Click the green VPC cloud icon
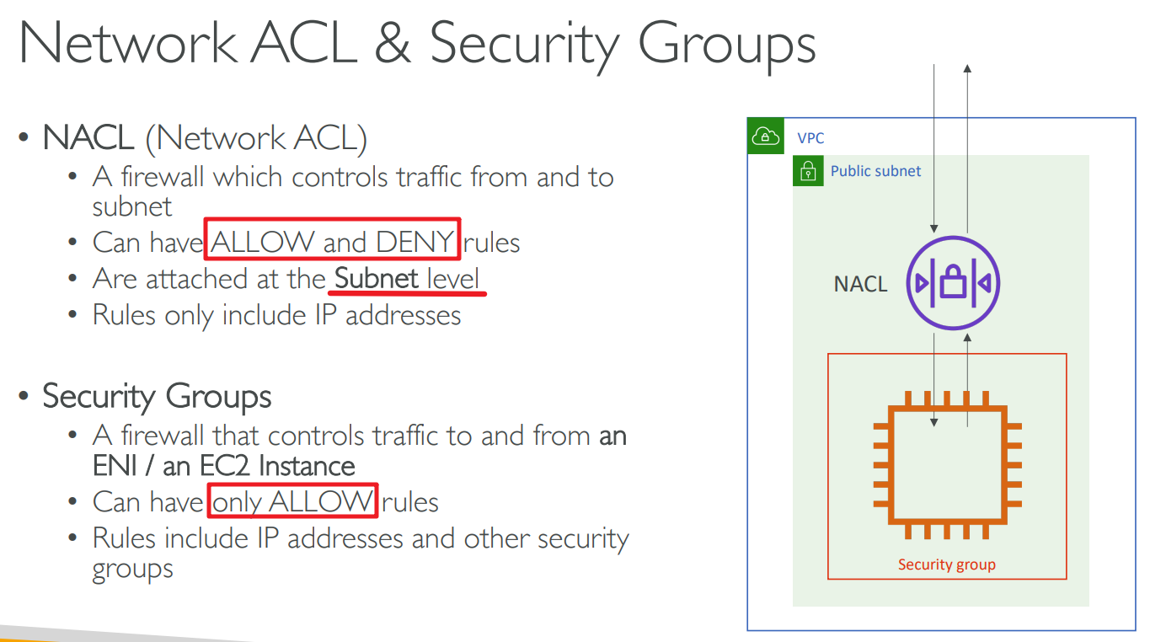point(765,136)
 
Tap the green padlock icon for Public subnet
point(808,171)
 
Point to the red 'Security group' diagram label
point(947,564)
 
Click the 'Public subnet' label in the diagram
point(875,171)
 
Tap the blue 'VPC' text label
point(810,137)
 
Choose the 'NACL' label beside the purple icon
point(860,284)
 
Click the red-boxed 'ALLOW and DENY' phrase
point(332,243)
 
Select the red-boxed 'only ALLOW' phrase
point(292,502)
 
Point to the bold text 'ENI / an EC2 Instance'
point(224,466)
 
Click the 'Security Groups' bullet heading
point(157,396)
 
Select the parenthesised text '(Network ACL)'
point(256,138)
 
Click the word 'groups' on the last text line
point(132,570)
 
